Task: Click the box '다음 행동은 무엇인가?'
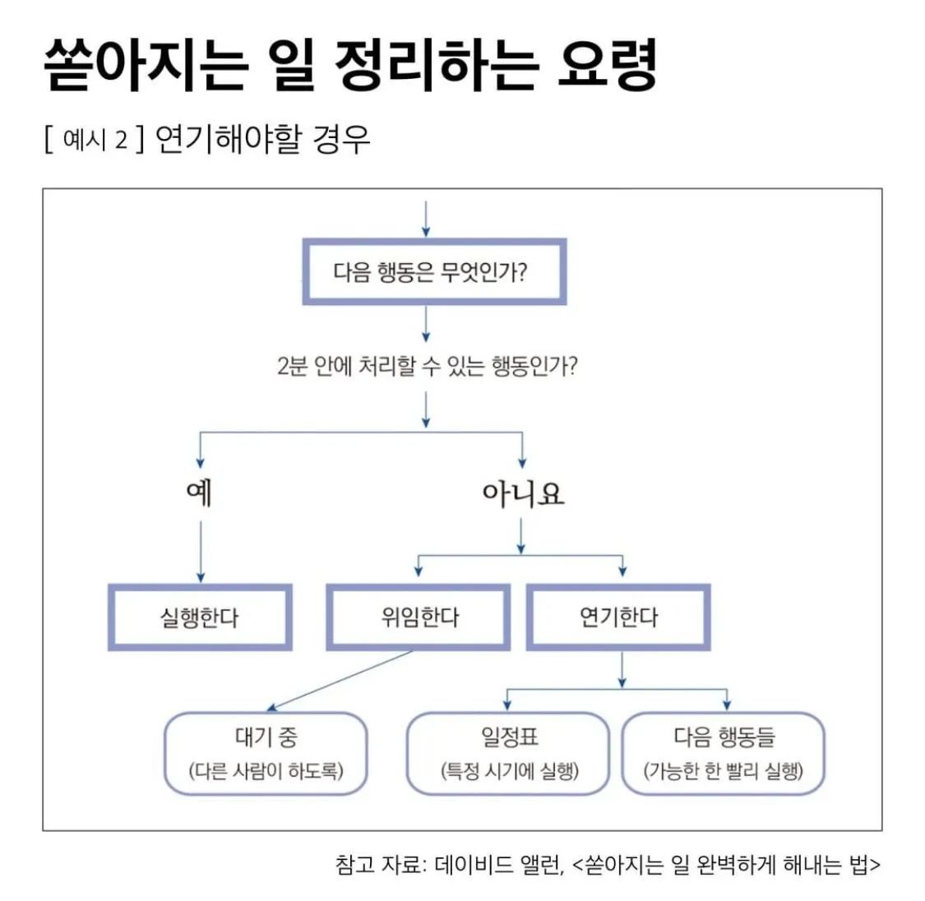(433, 272)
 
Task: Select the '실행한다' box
(200, 617)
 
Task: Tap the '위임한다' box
(419, 617)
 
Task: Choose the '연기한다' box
(618, 617)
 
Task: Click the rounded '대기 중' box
(266, 753)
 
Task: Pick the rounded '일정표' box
(509, 753)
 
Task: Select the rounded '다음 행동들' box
(724, 753)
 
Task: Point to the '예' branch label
(200, 492)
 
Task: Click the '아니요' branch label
(523, 493)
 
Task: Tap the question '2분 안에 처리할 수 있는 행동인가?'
(427, 365)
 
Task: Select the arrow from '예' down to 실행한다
(201, 551)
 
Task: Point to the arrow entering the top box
(426, 218)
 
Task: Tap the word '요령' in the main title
(607, 64)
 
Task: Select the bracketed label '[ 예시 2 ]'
(94, 139)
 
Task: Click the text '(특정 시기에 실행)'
(509, 771)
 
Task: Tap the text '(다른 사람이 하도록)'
(266, 771)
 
